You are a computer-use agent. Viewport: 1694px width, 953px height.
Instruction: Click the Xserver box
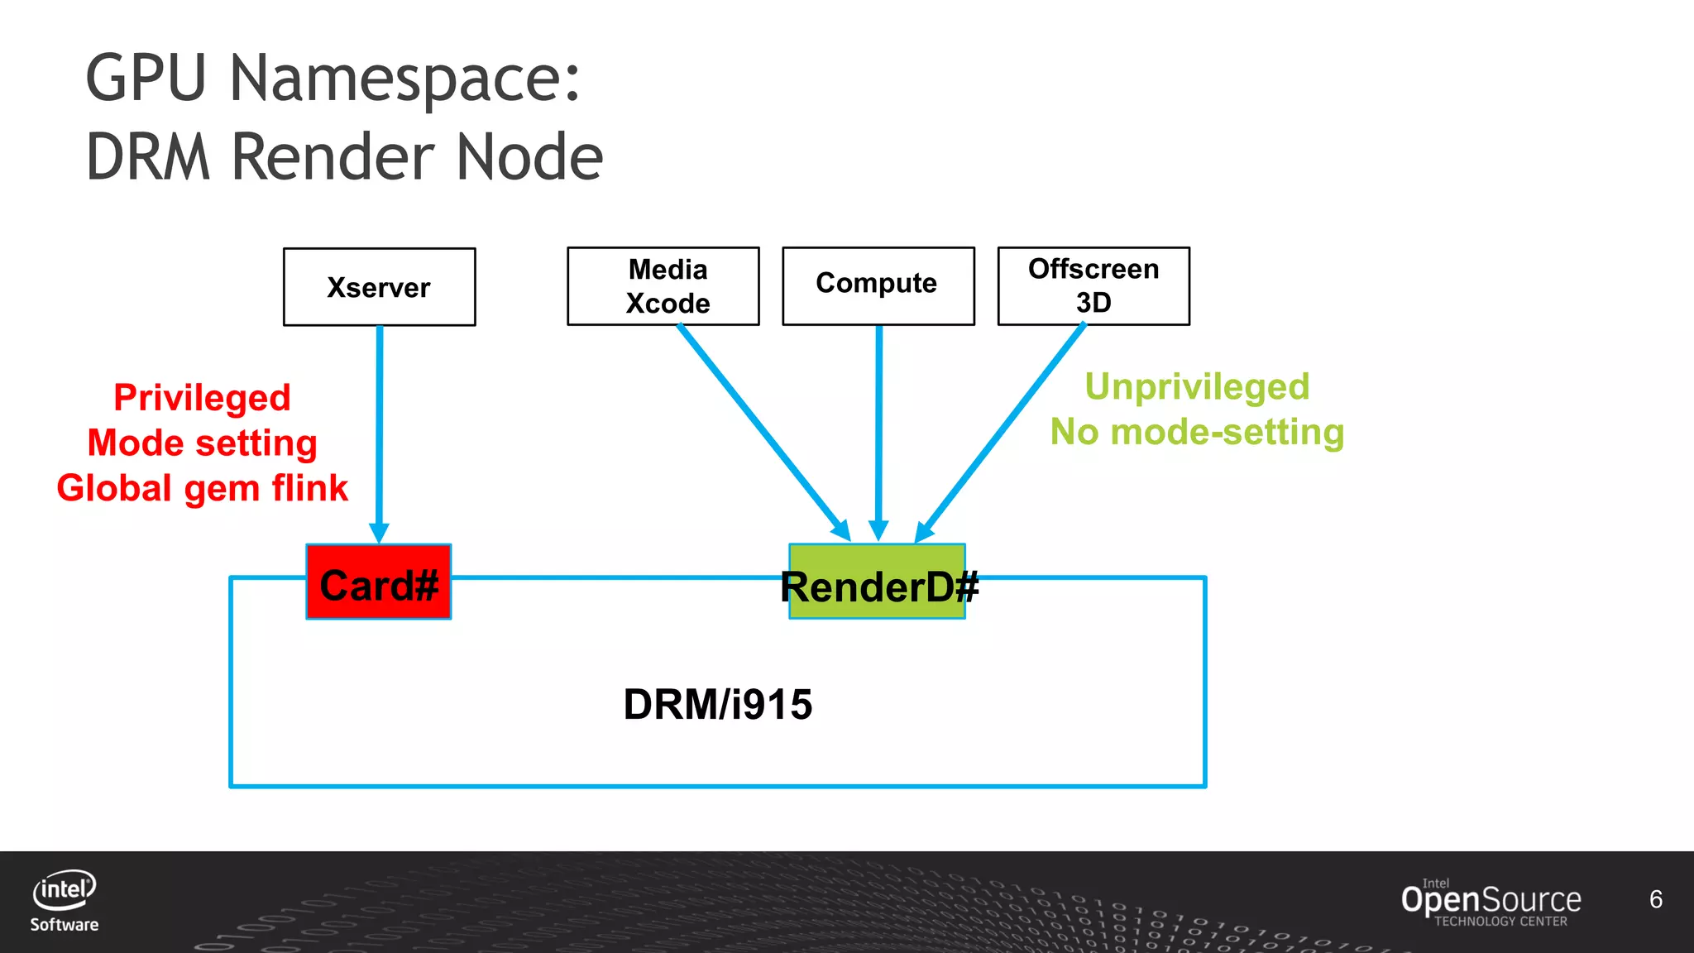point(379,287)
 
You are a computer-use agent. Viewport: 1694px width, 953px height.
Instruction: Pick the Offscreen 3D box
point(1093,285)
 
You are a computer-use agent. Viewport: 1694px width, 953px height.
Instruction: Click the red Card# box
point(378,582)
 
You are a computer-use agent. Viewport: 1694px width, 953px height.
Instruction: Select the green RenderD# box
point(877,582)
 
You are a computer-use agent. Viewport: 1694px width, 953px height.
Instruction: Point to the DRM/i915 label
point(717,705)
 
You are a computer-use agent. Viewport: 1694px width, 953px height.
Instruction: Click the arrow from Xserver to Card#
point(380,430)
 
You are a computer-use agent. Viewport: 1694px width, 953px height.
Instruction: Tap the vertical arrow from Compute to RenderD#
point(878,430)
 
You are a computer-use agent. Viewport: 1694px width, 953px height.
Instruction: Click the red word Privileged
point(202,398)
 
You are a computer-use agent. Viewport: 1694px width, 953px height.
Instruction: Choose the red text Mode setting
point(202,443)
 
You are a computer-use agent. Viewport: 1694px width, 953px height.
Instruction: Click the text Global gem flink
point(202,488)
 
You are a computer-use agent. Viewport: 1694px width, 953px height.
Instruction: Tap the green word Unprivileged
point(1197,386)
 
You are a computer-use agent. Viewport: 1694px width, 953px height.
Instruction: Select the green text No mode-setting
point(1197,432)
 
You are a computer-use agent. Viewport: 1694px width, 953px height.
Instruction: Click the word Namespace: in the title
point(404,79)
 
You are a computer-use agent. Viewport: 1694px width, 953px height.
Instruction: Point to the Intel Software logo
point(65,900)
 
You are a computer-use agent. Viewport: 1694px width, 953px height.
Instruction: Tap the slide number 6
point(1655,899)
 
